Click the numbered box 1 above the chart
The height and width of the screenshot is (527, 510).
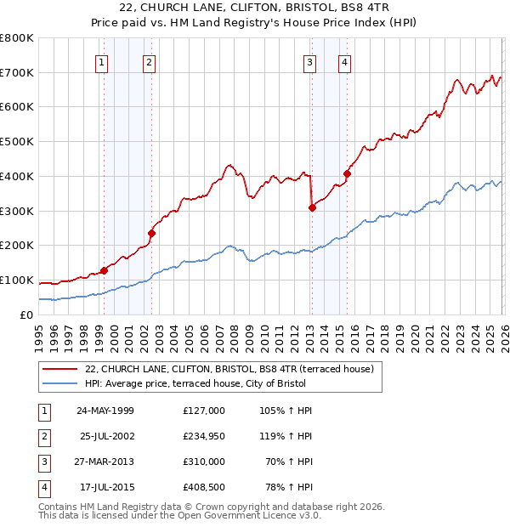(x=102, y=61)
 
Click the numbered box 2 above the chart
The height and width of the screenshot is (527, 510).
(x=149, y=61)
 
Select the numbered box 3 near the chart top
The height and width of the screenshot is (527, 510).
(x=309, y=61)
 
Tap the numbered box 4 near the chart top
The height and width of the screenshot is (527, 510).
(x=344, y=61)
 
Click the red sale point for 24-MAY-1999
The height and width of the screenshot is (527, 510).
(x=104, y=270)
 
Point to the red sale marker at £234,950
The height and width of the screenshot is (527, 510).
(x=151, y=233)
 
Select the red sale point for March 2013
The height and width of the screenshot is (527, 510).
(x=312, y=207)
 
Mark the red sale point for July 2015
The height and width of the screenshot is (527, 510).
(x=347, y=173)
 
